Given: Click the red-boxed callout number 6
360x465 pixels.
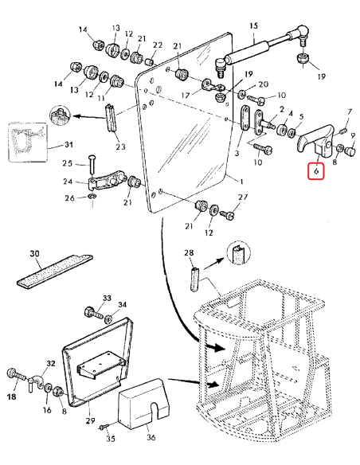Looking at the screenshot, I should click(316, 170).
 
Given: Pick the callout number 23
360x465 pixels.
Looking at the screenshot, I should click(120, 146).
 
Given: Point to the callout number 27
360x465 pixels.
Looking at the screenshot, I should click(244, 197).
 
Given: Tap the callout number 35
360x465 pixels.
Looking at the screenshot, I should click(111, 438).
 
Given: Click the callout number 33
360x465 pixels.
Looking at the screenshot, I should click(106, 298).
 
